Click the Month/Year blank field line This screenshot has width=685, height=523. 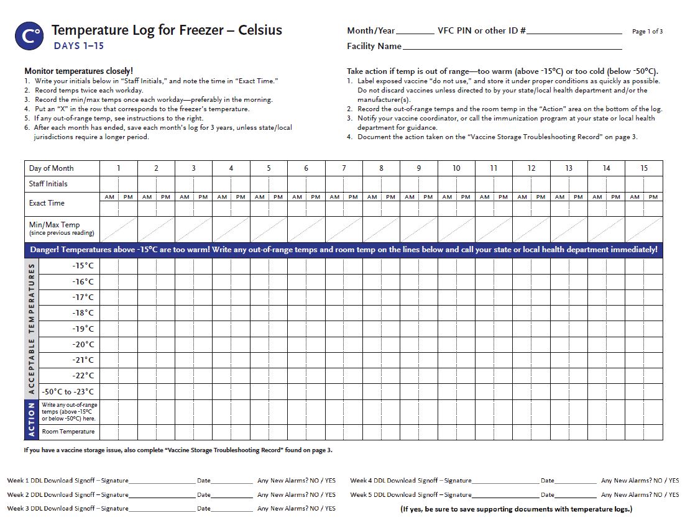415,32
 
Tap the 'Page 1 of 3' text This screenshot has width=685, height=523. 647,31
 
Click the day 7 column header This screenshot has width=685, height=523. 344,168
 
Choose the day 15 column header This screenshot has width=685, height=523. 644,168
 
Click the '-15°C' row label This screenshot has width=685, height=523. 83,266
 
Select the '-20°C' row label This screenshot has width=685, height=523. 83,344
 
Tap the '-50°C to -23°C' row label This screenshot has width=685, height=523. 68,391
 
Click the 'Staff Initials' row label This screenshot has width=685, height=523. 48,184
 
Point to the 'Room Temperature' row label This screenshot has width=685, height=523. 68,432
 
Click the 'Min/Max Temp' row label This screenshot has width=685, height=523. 55,225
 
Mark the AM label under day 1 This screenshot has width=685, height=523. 109,197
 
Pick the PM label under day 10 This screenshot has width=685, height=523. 466,197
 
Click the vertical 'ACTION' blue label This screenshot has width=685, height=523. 32,419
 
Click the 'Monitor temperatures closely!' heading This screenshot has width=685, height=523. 78,71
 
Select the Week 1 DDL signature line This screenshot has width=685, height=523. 162,482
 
